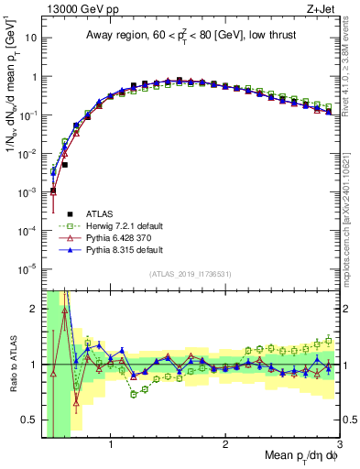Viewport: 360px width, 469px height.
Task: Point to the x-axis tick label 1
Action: coord(111,446)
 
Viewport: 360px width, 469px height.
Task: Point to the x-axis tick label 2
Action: coord(224,446)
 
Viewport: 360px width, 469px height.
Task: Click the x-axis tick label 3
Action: coord(338,446)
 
